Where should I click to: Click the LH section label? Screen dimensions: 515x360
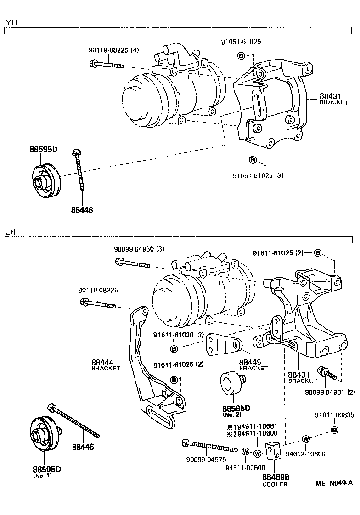[10, 232]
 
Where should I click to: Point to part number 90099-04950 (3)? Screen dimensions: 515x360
[139, 249]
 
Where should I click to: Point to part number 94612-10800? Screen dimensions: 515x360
[305, 454]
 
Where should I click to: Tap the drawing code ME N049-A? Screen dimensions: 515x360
[334, 483]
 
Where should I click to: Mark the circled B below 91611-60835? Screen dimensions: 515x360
[334, 430]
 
